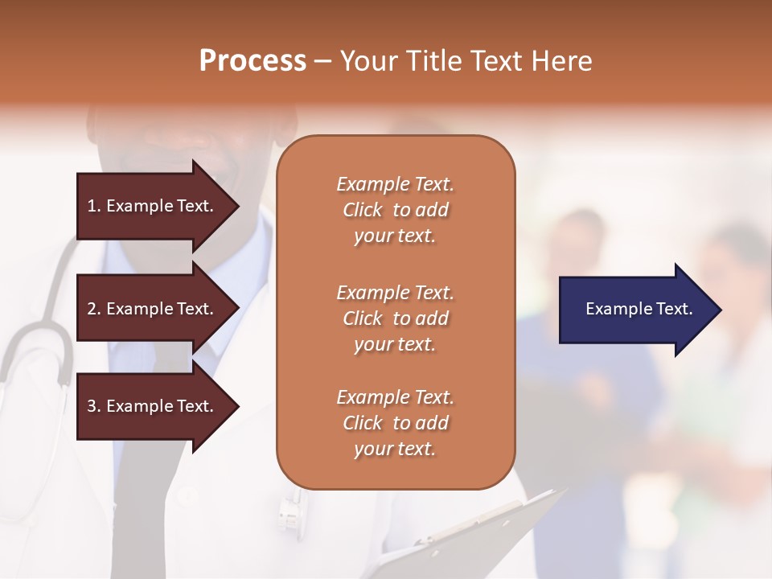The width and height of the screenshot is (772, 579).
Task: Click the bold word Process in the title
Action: (x=253, y=61)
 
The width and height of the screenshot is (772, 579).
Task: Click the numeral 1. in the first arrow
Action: (x=94, y=206)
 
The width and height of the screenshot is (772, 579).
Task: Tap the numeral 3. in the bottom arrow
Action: (x=94, y=406)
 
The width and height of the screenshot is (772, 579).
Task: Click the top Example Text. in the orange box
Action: (x=395, y=184)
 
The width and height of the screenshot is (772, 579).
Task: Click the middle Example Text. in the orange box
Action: (x=395, y=293)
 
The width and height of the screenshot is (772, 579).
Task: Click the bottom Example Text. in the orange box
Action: (x=395, y=397)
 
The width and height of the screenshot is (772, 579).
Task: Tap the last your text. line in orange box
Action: (x=395, y=449)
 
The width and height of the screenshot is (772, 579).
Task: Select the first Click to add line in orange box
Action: (x=395, y=210)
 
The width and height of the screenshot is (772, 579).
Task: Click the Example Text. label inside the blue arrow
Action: (x=639, y=309)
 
